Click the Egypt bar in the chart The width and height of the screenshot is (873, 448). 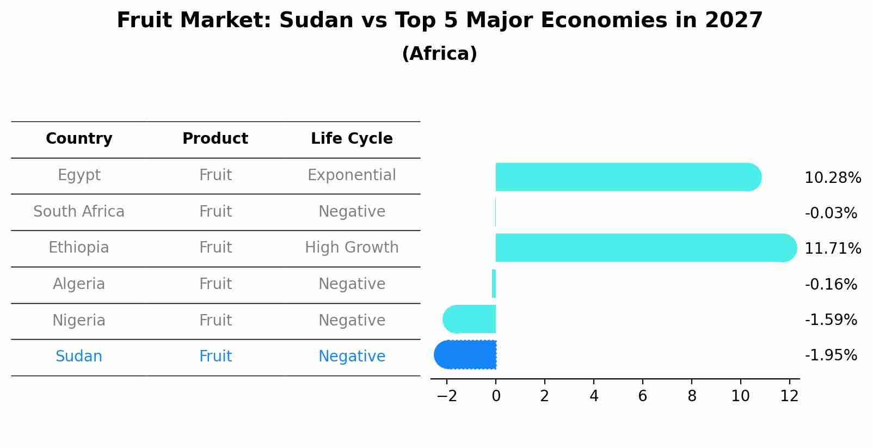[626, 177]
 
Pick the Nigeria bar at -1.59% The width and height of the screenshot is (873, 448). [470, 319]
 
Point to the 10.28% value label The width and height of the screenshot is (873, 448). [832, 178]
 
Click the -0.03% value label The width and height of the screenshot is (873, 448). [831, 213]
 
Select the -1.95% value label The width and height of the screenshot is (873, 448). [831, 355]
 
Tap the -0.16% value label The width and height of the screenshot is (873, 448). [831, 285]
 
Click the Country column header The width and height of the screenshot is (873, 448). [79, 139]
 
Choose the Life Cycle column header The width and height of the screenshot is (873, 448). [352, 139]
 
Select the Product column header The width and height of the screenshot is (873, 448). [215, 139]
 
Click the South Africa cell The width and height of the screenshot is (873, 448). [79, 212]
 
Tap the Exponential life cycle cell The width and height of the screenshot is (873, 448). [352, 175]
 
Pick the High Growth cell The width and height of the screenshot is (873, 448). [352, 248]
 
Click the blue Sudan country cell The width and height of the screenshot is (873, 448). [79, 357]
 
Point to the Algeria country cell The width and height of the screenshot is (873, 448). [79, 284]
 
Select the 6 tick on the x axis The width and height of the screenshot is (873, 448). [642, 396]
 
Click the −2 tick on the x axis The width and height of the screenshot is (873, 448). [446, 396]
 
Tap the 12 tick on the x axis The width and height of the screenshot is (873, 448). [789, 396]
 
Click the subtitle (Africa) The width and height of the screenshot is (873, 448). [439, 54]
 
